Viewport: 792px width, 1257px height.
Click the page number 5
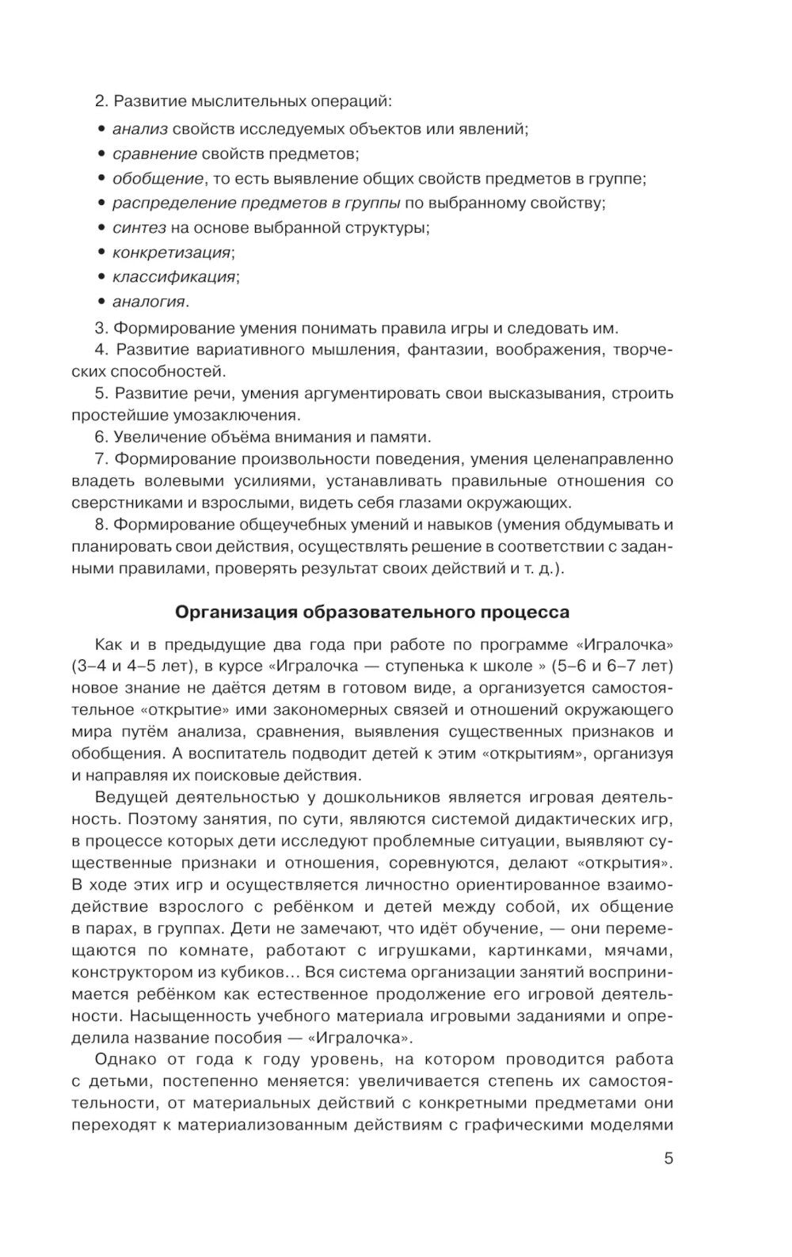click(668, 1159)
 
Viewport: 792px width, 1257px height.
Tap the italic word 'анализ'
click(139, 128)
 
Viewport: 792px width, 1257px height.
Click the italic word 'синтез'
click(139, 228)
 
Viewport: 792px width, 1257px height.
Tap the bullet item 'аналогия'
click(150, 302)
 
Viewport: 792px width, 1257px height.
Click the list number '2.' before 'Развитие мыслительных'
click(101, 101)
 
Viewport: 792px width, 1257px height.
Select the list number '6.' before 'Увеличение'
click(101, 437)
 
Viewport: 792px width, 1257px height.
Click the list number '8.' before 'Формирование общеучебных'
click(101, 524)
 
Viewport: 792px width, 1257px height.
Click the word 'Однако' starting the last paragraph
click(123, 1059)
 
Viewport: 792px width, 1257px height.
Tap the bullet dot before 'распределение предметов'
click(102, 203)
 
